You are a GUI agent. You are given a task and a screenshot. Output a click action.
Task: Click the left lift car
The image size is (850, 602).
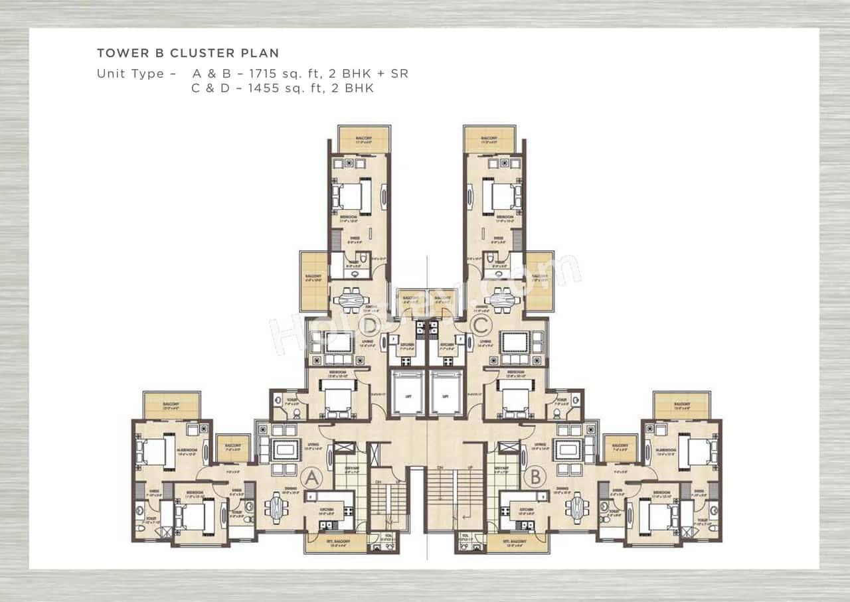407,394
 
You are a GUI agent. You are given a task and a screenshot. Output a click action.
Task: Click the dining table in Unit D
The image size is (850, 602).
350,300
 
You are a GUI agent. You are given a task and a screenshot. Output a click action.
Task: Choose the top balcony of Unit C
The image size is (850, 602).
490,139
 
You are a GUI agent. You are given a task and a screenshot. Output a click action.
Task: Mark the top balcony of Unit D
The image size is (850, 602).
363,139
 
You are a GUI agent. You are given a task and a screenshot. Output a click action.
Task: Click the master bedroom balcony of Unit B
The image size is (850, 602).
682,406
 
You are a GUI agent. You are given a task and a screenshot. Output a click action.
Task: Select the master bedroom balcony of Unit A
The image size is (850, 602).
172,406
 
